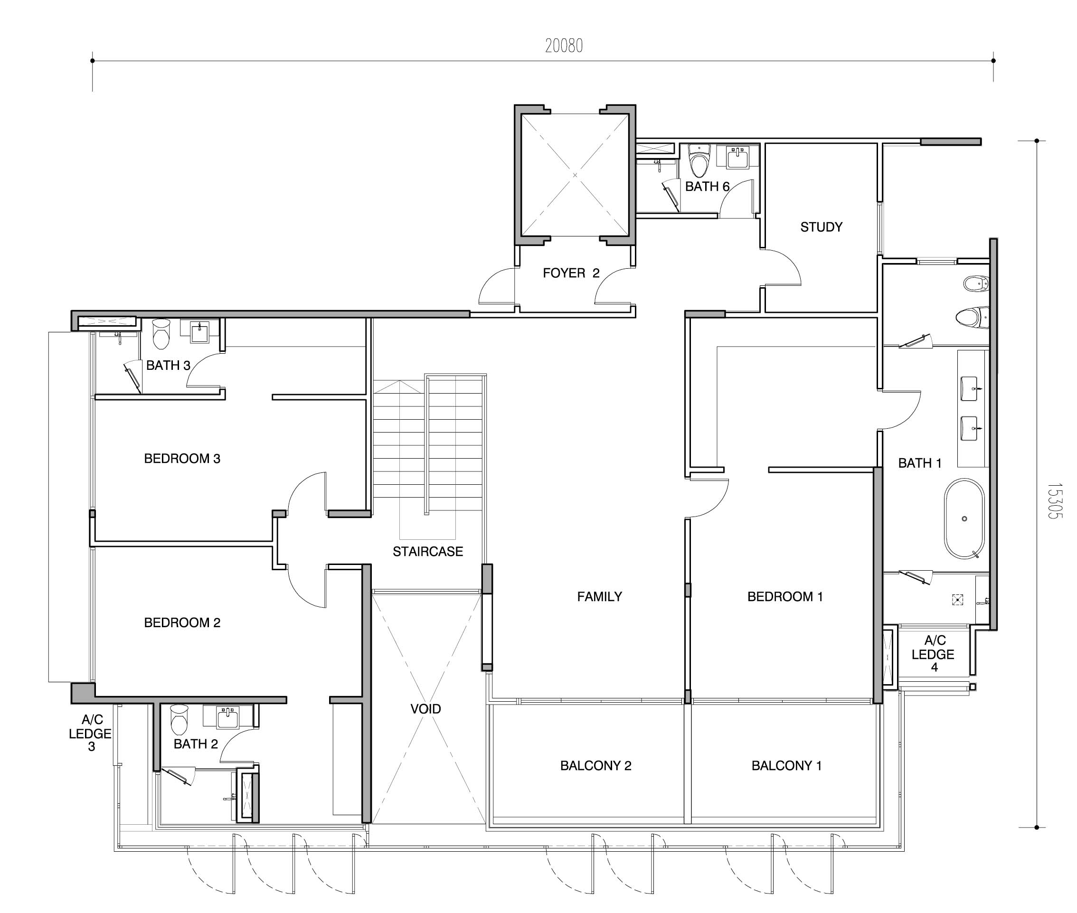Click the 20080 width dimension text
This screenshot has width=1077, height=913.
click(564, 46)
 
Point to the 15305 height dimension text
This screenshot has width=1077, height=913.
click(1054, 501)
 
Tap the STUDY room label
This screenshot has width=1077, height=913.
click(822, 226)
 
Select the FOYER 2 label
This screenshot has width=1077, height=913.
click(571, 273)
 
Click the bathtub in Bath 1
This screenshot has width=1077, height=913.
click(964, 518)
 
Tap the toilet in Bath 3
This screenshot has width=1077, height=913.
click(161, 334)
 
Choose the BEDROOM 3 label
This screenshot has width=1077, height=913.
click(182, 458)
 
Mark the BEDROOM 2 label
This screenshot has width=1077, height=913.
click(182, 622)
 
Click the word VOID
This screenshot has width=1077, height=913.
click(425, 708)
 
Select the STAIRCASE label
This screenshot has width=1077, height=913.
click(427, 551)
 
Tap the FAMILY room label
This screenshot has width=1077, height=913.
click(599, 596)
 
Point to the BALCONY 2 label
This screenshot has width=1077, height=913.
click(595, 765)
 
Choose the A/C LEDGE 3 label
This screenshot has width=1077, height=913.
click(91, 733)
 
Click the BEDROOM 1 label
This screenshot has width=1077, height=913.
click(785, 596)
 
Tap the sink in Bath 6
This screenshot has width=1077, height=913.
click(737, 157)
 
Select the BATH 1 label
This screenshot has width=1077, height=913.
click(920, 463)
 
